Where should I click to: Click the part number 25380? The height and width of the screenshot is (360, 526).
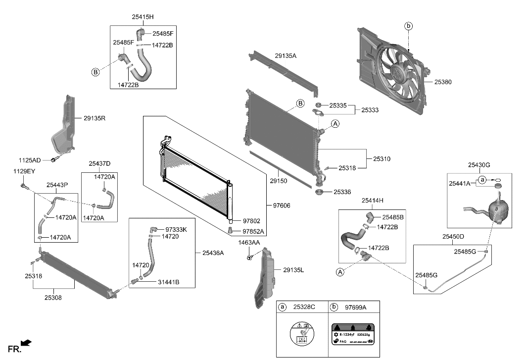443,82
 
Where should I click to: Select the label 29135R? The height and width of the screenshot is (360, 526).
95,119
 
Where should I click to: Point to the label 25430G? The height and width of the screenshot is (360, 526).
479,164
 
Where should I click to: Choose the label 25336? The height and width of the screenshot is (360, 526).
343,192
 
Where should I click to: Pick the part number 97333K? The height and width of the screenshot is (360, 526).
176,229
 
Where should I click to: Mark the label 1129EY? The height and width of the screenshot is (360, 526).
24,171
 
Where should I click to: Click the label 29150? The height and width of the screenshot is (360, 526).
278,181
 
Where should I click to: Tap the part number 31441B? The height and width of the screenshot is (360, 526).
169,282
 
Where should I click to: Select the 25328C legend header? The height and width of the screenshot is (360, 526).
304,307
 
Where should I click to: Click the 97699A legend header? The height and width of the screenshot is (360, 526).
355,307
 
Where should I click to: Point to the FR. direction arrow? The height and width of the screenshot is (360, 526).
27,342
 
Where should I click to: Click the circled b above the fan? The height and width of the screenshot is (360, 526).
408,26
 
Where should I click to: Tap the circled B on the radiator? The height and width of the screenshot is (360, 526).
300,103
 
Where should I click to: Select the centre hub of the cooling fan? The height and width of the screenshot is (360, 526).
398,72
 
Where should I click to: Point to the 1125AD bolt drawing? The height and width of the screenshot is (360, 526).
55,159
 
